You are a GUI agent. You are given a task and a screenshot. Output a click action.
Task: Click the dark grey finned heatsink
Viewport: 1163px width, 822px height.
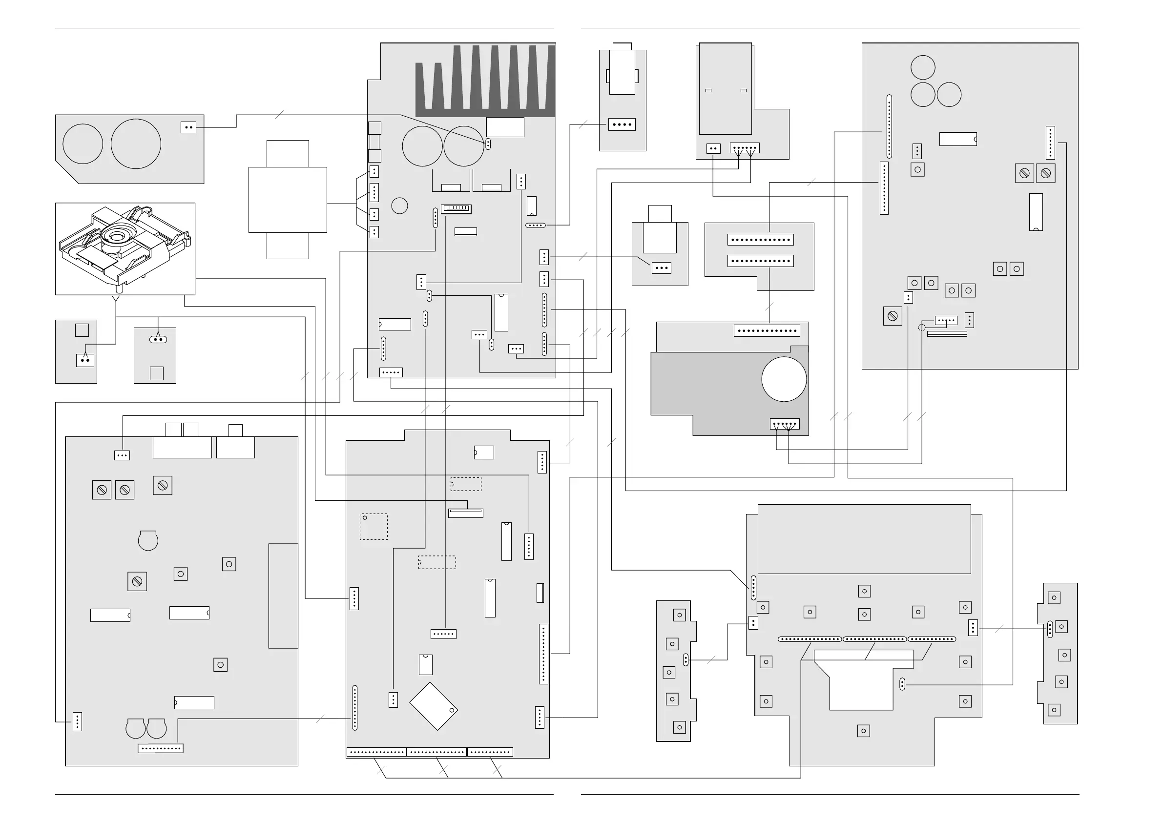[x=485, y=83]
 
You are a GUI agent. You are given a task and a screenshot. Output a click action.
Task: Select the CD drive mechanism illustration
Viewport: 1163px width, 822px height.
[x=125, y=248]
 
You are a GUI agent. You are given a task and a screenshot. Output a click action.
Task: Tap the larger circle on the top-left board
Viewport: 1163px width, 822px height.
[x=136, y=144]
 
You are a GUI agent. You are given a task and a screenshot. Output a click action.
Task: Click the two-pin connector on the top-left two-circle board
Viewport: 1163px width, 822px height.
[x=188, y=127]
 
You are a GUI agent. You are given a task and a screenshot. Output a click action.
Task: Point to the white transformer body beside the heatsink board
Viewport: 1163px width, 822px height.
[x=287, y=200]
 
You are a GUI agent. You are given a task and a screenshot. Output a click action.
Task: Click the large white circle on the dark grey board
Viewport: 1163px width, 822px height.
[x=784, y=379]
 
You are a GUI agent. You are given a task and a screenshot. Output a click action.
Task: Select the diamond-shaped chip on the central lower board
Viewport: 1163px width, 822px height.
[x=433, y=706]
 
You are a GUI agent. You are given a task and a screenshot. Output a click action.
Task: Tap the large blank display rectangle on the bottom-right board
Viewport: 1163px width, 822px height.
[x=864, y=539]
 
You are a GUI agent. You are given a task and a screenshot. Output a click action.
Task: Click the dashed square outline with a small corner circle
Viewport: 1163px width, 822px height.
[x=374, y=527]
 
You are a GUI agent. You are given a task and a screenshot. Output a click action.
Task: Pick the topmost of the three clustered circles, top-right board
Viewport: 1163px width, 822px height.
[x=923, y=68]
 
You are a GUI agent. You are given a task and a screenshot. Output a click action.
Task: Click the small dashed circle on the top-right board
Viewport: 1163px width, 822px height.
[x=921, y=327]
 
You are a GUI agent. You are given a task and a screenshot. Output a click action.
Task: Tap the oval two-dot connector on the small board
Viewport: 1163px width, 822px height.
[x=158, y=339]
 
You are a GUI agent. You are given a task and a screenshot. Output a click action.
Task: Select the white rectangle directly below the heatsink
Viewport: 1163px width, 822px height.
[x=504, y=127]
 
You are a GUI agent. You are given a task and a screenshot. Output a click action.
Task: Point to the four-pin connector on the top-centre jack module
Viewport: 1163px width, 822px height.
[x=622, y=124]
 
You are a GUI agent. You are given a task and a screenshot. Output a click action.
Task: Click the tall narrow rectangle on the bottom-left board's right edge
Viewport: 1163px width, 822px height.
[x=283, y=596]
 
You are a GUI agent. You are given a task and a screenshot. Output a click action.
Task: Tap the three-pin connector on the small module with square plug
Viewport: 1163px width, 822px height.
[x=661, y=268]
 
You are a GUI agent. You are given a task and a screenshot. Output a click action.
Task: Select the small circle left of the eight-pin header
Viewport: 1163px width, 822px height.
[x=400, y=205]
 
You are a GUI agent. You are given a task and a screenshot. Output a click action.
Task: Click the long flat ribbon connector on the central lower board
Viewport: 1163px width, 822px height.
[x=465, y=513]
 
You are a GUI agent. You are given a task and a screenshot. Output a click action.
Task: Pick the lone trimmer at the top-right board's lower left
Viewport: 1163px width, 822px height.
[x=893, y=316]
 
